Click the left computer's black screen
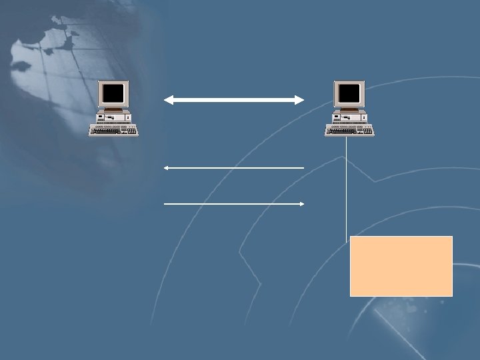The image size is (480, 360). (114, 93)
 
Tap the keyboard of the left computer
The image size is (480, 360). (114, 131)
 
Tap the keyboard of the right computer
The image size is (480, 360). (350, 131)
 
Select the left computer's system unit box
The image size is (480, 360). (114, 118)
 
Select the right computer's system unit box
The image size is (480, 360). (350, 118)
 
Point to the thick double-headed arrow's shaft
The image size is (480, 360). (233, 100)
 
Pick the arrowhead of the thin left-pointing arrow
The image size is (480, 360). (167, 168)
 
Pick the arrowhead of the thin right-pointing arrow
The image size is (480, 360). (301, 203)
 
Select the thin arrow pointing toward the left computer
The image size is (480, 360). (233, 168)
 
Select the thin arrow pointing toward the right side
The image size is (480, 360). (233, 203)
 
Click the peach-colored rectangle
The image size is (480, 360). (401, 265)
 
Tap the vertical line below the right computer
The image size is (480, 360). (346, 187)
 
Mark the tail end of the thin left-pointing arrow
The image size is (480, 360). (303, 168)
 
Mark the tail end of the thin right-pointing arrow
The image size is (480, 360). (165, 203)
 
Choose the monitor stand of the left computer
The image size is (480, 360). (114, 109)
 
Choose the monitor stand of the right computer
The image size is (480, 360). (350, 109)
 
